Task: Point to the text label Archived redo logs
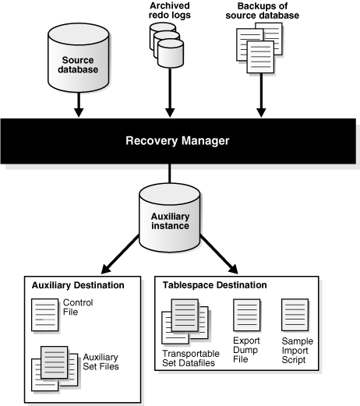169,11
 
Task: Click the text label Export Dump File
245,351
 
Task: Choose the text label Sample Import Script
296,351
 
